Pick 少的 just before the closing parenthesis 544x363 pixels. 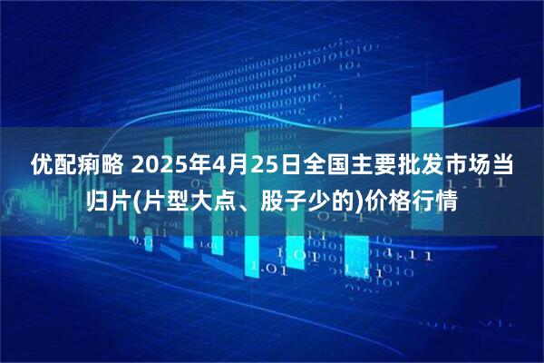point(328,200)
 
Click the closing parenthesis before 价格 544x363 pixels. point(356,200)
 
